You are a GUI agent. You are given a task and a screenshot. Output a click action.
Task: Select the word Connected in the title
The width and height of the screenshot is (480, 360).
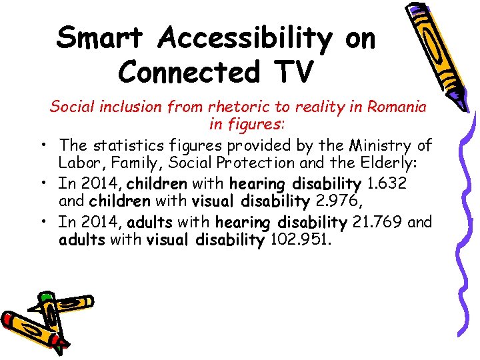pos(185,71)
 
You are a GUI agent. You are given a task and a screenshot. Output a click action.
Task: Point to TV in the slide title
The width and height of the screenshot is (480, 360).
pos(291,71)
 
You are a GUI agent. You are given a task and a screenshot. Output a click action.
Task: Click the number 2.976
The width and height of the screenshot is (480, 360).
pos(338,201)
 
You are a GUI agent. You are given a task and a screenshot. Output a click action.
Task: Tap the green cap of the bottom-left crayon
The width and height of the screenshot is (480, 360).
pos(45,296)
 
